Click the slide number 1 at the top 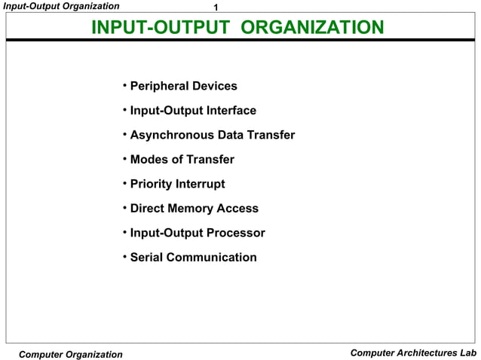pyautogui.click(x=217, y=8)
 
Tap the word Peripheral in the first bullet pyautogui.click(x=160, y=87)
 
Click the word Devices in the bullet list pyautogui.click(x=215, y=87)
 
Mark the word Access pyautogui.click(x=239, y=209)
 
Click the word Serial pyautogui.click(x=146, y=258)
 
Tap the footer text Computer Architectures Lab pyautogui.click(x=414, y=353)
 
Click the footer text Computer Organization pyautogui.click(x=70, y=354)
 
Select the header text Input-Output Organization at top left pyautogui.click(x=60, y=6)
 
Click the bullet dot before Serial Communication pyautogui.click(x=124, y=257)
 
